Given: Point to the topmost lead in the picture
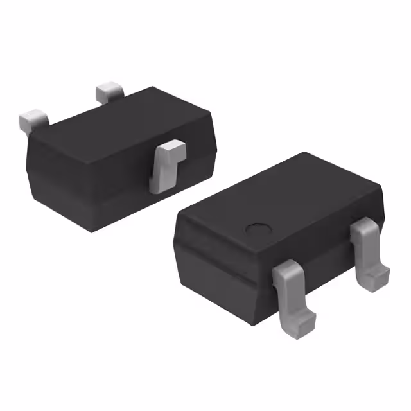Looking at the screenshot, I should pos(109,92).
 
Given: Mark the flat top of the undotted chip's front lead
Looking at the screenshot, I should pos(170,150).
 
